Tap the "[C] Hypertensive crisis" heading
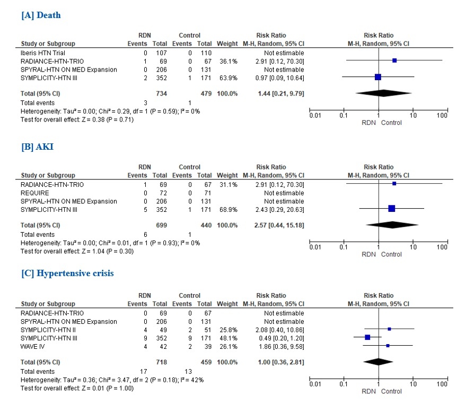coord(67,273)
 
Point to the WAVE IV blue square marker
coord(388,346)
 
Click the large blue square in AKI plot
coord(391,209)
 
